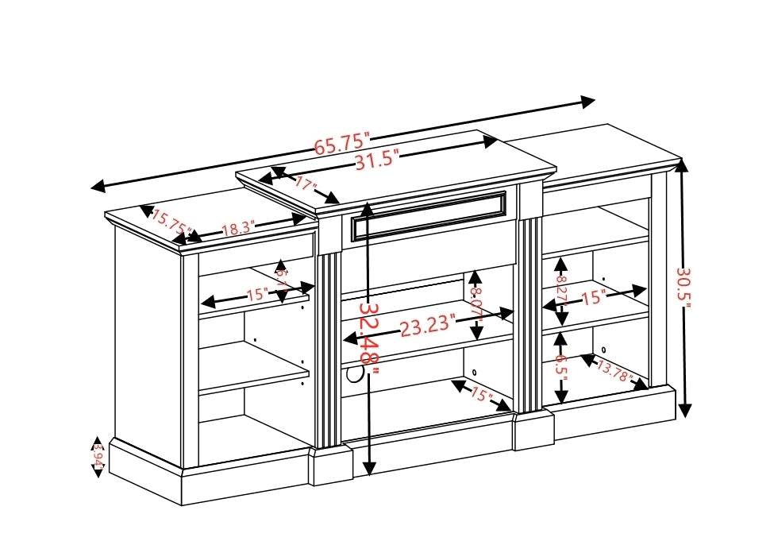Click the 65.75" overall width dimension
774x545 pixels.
[343, 144]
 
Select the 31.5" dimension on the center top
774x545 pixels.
[375, 160]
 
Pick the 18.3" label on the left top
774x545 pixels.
[237, 229]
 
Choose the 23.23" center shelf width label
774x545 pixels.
[427, 326]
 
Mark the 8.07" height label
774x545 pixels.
[476, 302]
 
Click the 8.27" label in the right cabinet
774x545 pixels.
[560, 291]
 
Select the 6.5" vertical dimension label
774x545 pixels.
[560, 368]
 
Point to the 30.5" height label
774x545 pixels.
[684, 289]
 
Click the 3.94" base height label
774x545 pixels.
[98, 457]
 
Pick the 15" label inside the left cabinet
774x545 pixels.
[257, 295]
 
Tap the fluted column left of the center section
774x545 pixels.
[329, 350]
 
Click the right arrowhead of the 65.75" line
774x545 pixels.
[587, 102]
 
